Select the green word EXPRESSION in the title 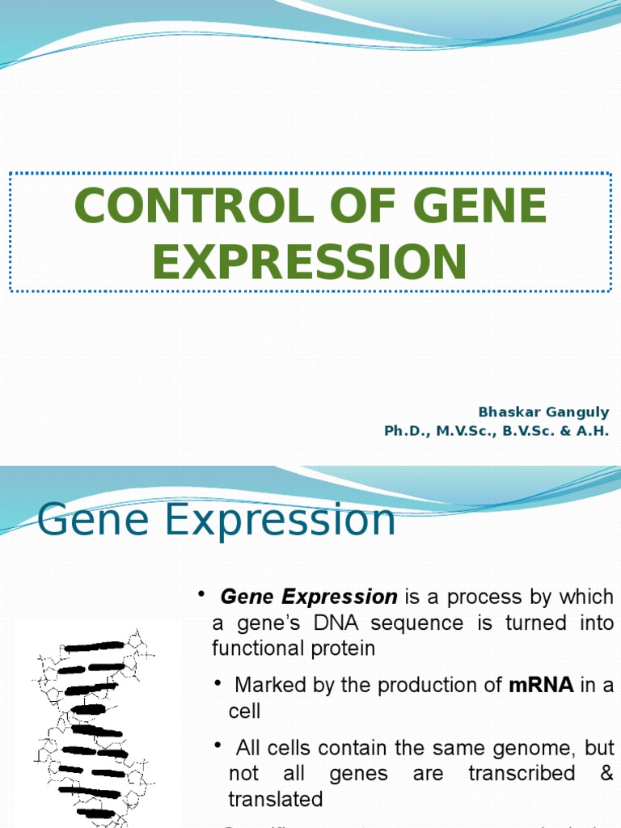310,262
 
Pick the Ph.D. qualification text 407,431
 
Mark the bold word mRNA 541,685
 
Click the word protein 347,648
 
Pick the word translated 275,800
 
